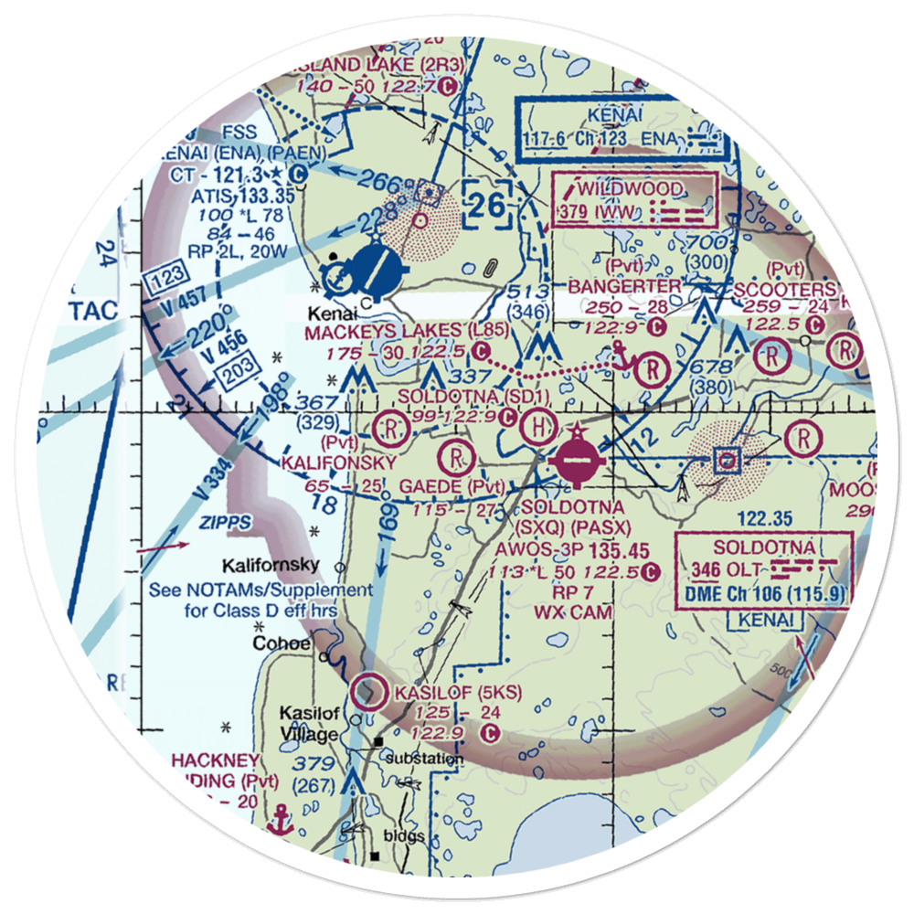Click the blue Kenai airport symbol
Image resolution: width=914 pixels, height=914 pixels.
click(373, 268)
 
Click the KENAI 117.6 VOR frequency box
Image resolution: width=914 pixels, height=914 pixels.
click(627, 129)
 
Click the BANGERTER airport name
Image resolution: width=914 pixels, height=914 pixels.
click(624, 287)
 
